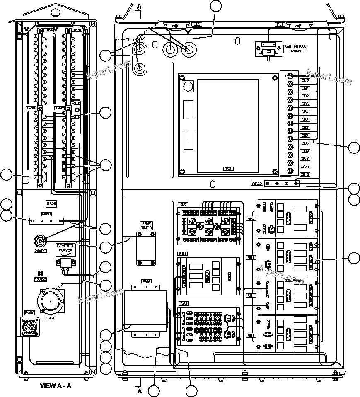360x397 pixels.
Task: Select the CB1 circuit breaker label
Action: (x=305, y=88)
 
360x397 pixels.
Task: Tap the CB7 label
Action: (x=305, y=136)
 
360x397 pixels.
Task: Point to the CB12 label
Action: (x=305, y=175)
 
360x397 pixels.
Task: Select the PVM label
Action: (x=146, y=281)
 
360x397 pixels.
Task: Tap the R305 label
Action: (x=51, y=203)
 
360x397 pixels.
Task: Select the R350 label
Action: (x=30, y=312)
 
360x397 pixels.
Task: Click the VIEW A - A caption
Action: (x=56, y=385)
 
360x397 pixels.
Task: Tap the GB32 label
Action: (x=257, y=184)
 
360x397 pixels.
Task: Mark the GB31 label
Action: (x=46, y=214)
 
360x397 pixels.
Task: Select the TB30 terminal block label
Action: (x=31, y=108)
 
